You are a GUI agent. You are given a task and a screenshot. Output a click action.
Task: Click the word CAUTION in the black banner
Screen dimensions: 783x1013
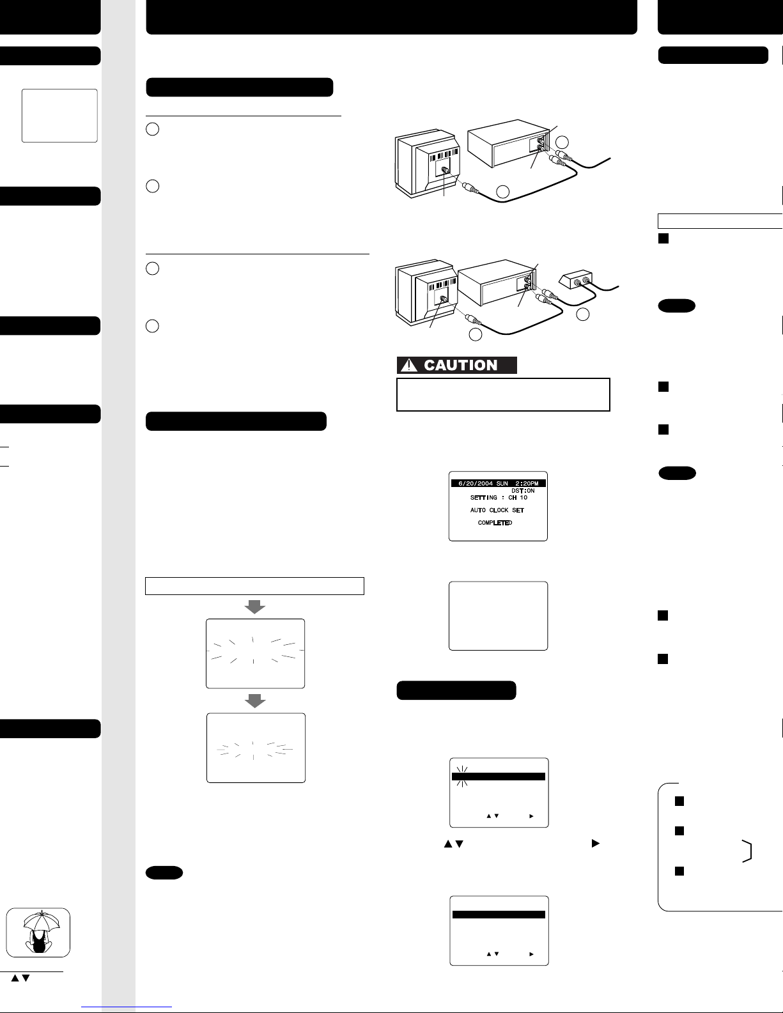(x=460, y=365)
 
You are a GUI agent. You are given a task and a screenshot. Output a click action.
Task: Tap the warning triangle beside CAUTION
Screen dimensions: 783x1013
(x=409, y=365)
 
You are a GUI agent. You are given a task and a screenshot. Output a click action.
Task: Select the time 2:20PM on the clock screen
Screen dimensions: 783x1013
(x=527, y=483)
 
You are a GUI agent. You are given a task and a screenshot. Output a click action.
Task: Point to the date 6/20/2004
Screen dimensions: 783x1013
(x=476, y=483)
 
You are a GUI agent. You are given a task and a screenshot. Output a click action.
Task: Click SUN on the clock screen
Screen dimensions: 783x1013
(x=502, y=483)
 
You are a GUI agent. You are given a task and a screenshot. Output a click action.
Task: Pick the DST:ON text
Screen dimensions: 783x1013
(x=523, y=490)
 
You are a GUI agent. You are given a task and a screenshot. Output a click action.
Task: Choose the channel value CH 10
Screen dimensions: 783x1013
(x=518, y=497)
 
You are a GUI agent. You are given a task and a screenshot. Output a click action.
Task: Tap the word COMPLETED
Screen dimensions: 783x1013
(x=495, y=523)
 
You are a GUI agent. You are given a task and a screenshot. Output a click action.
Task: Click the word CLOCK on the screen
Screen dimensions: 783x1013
(x=499, y=510)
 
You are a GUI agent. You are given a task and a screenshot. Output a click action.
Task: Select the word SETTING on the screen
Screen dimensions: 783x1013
(x=484, y=497)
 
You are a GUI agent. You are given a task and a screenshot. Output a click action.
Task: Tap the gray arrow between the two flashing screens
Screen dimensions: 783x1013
(x=255, y=700)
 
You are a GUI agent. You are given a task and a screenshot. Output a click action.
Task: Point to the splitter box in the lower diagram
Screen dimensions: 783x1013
(x=576, y=280)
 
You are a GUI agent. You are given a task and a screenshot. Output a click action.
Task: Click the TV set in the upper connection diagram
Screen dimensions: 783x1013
(x=428, y=163)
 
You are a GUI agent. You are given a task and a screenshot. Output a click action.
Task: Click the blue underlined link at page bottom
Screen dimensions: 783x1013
(x=127, y=1007)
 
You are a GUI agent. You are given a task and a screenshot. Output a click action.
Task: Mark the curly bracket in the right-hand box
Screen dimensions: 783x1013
(x=748, y=851)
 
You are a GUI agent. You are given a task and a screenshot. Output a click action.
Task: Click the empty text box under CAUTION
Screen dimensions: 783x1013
(x=503, y=394)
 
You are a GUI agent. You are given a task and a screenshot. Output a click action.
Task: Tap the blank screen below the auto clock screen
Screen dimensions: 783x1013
(x=498, y=616)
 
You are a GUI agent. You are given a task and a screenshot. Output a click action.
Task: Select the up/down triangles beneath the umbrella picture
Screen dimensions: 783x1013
(x=20, y=978)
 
